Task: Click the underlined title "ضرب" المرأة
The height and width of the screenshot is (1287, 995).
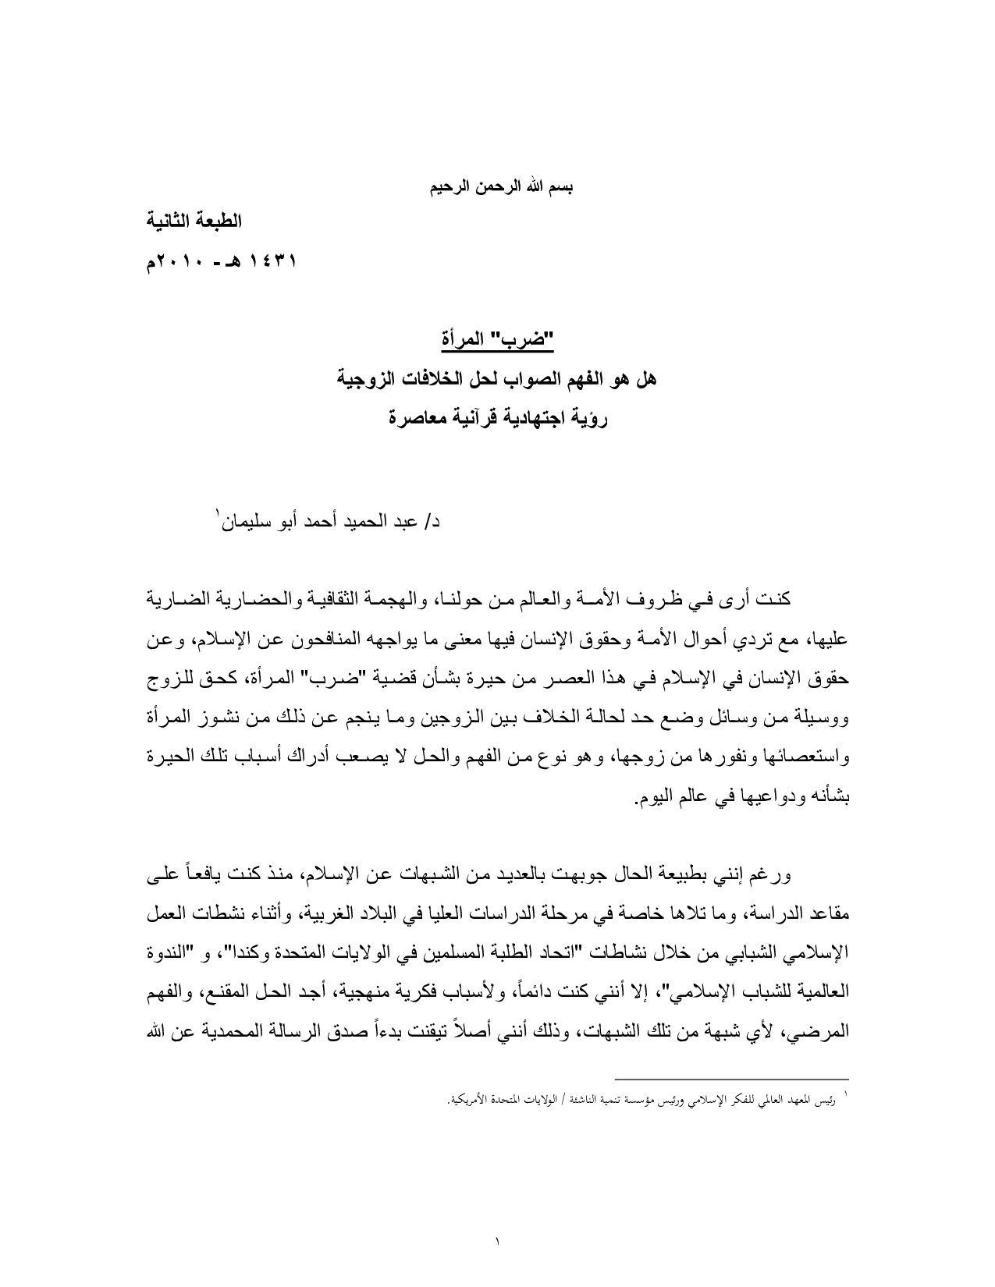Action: pyautogui.click(x=496, y=341)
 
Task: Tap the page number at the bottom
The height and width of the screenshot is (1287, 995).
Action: pyautogui.click(x=498, y=1237)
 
